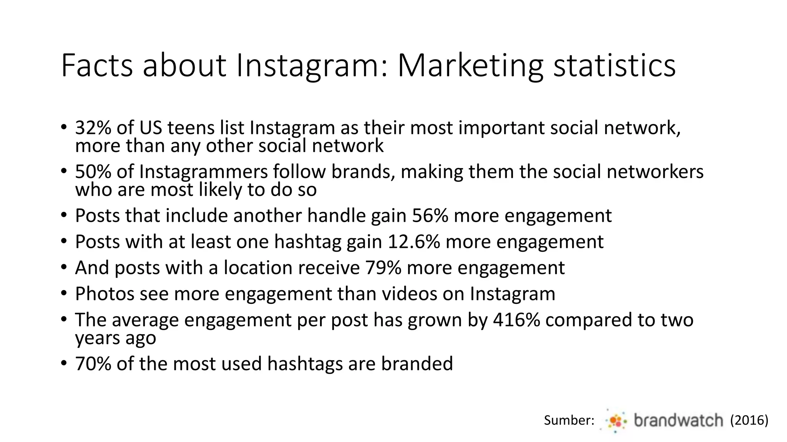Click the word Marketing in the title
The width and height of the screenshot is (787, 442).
pos(470,66)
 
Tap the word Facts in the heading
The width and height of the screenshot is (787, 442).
pos(97,66)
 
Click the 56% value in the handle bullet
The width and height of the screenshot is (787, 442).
pos(430,216)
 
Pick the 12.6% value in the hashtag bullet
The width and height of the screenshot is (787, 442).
pos(413,242)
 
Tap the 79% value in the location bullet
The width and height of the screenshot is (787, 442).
pos(383,268)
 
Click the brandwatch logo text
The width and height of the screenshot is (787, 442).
pos(678,421)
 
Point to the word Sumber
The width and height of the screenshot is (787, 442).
pos(569,421)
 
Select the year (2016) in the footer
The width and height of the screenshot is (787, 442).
pos(749,421)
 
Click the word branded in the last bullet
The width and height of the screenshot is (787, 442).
pos(417,364)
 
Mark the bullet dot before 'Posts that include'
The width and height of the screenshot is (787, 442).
pos(64,216)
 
